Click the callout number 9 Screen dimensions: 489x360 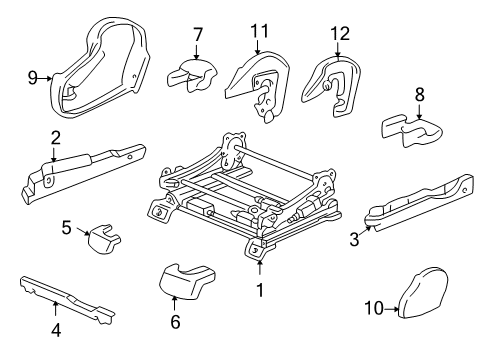(x=33, y=78)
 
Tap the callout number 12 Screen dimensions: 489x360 (x=340, y=34)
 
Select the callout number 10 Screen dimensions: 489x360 (x=374, y=308)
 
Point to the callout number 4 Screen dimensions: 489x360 (x=56, y=330)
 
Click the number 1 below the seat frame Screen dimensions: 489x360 (x=260, y=290)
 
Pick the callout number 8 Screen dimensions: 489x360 (x=420, y=94)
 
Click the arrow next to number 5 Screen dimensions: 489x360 (x=83, y=231)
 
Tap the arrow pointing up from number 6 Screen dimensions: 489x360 (x=174, y=304)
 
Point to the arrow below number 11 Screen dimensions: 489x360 (x=257, y=46)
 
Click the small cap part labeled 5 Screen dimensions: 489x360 (x=104, y=239)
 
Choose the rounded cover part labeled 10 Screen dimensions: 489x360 (x=423, y=293)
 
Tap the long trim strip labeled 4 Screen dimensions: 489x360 (x=68, y=299)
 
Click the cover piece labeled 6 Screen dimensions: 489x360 (x=187, y=280)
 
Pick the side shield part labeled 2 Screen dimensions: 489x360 (x=82, y=173)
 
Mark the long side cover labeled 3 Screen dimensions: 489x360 (x=420, y=203)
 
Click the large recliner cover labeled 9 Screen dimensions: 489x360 (x=100, y=70)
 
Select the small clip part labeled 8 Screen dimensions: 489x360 (x=412, y=131)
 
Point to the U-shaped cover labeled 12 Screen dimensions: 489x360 (x=333, y=86)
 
